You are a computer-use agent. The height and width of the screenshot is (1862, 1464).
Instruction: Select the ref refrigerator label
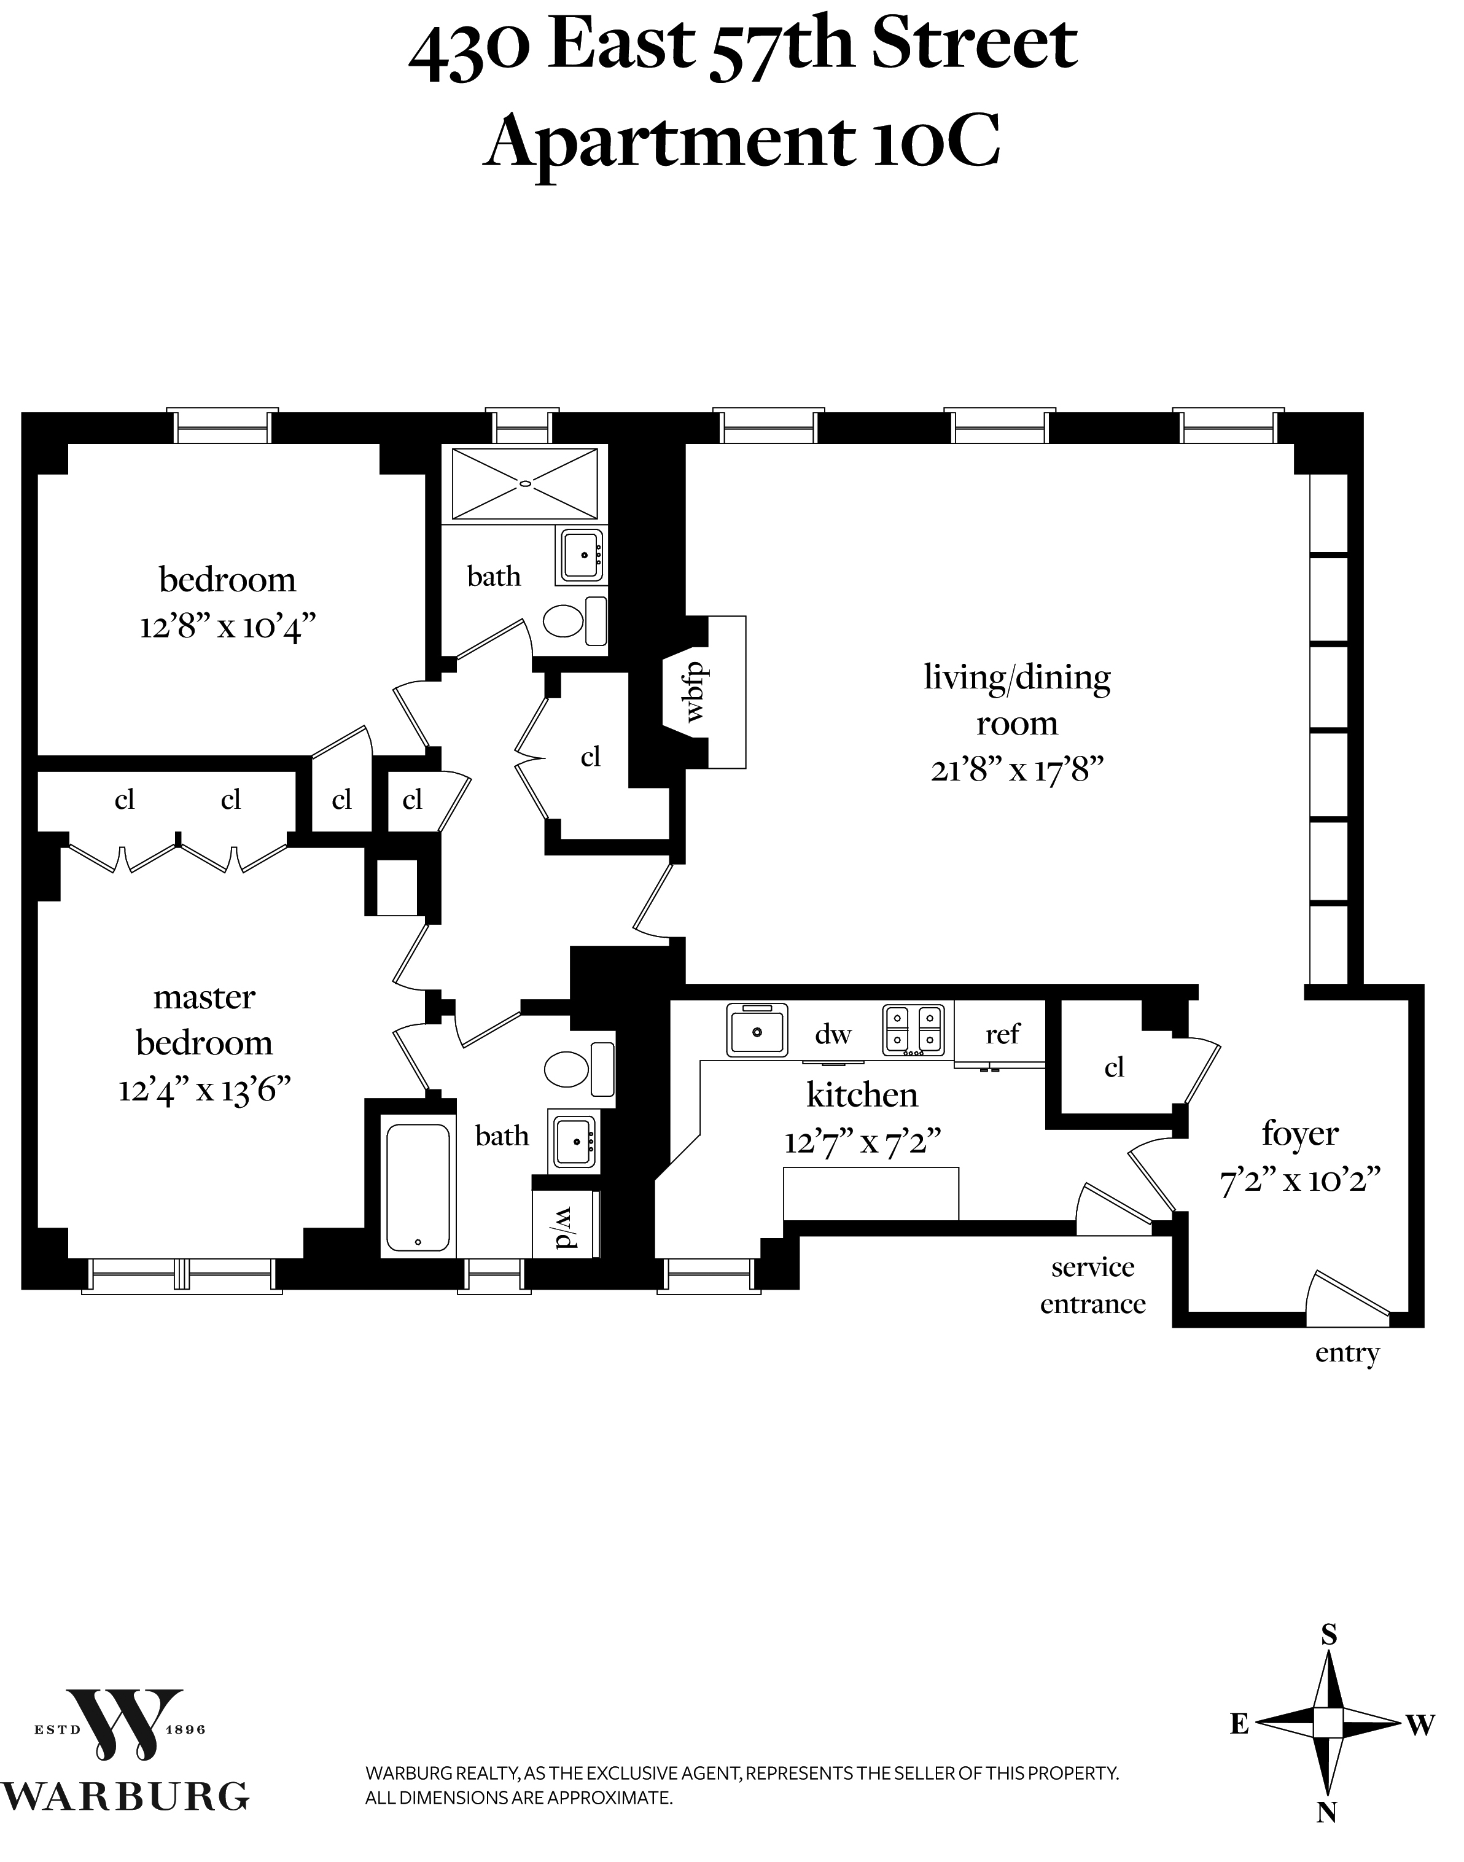coord(1002,1034)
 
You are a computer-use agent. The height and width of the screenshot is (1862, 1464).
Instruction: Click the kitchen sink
coord(757,1030)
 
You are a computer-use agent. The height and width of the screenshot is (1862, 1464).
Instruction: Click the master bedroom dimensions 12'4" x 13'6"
coord(205,1091)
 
